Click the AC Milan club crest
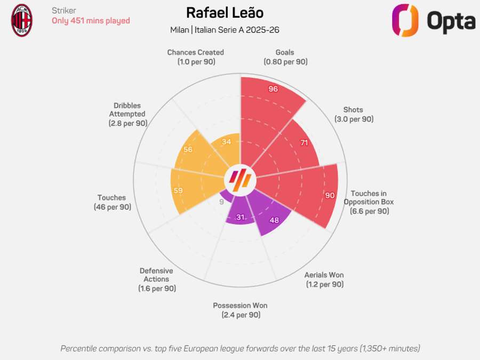click(x=22, y=20)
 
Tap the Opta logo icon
click(x=405, y=20)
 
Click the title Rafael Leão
click(x=225, y=13)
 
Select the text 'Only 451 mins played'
click(x=91, y=21)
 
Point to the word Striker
click(x=64, y=11)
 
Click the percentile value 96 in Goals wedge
click(x=273, y=89)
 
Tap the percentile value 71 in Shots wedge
click(x=304, y=143)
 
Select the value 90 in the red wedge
click(x=330, y=195)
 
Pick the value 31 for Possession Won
click(x=241, y=217)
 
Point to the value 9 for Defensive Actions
click(x=221, y=202)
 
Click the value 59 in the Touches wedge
click(x=178, y=190)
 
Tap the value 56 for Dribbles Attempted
click(x=188, y=149)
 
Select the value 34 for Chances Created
click(x=226, y=141)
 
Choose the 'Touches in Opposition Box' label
click(x=369, y=202)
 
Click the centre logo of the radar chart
click(x=240, y=180)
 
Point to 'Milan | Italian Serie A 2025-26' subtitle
click(x=225, y=29)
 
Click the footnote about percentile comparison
click(x=240, y=348)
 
